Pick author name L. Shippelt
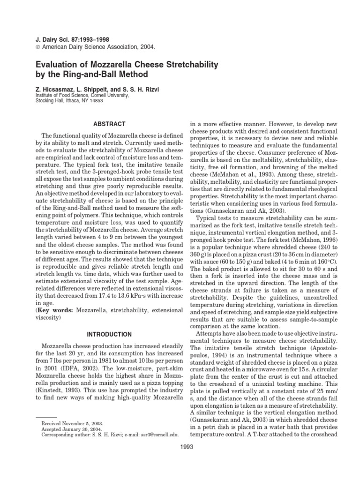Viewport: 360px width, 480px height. [90, 89]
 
